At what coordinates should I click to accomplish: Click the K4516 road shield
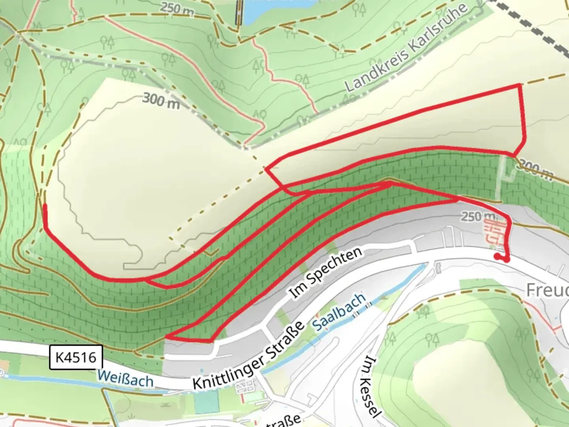coord(76,357)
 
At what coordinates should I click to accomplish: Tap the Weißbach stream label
coord(125,378)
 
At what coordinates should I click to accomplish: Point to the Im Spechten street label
coord(326,273)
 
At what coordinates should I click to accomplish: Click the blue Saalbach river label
coord(339,312)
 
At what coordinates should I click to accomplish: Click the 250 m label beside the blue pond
coord(177,9)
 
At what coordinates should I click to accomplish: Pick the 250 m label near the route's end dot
coord(477,216)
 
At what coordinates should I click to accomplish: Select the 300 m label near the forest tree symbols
coord(161,100)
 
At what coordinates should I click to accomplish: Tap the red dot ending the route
coord(497,256)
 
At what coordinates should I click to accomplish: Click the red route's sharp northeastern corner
coord(520,85)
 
